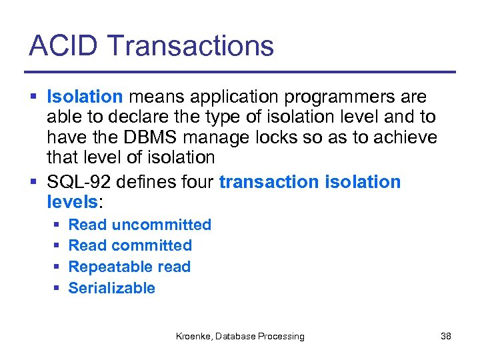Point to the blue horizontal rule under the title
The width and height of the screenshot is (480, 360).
click(240, 72)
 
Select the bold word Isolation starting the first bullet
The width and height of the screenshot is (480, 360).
click(85, 97)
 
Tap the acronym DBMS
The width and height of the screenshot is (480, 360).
click(155, 137)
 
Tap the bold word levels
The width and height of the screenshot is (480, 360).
click(72, 201)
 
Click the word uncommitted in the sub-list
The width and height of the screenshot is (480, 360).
click(161, 225)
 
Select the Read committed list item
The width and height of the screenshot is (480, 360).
click(130, 245)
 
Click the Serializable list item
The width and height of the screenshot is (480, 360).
click(111, 288)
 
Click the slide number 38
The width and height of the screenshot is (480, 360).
click(446, 337)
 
